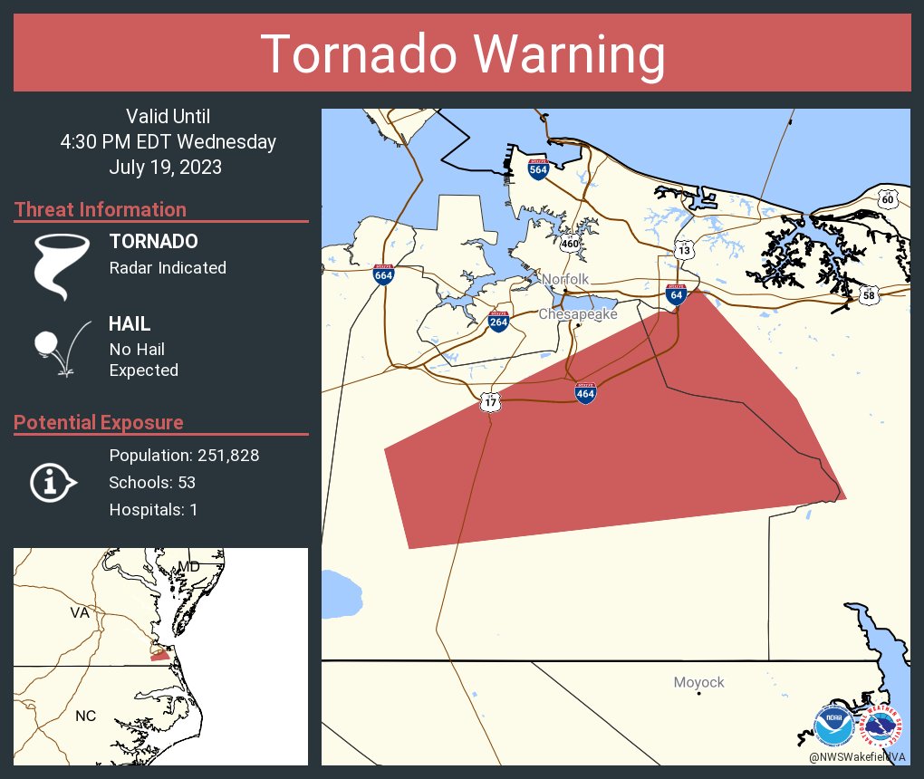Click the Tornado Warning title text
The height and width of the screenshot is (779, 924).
[x=462, y=54]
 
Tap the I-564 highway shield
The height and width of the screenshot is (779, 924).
[x=538, y=168]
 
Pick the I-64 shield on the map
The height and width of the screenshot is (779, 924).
[x=675, y=293]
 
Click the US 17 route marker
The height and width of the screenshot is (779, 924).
[x=490, y=400]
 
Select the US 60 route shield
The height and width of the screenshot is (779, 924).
[x=888, y=198]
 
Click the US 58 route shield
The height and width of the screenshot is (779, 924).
[x=869, y=294]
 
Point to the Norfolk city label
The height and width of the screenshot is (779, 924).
[x=565, y=279]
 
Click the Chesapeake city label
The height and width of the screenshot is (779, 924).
[x=578, y=314]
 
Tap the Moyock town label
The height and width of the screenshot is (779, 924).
[x=698, y=682]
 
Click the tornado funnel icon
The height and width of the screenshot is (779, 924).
[x=62, y=265]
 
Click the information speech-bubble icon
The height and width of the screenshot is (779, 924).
[x=53, y=482]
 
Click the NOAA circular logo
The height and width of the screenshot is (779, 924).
[x=833, y=726]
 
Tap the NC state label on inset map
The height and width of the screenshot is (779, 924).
[x=85, y=716]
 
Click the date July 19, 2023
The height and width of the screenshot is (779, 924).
[x=165, y=168]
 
